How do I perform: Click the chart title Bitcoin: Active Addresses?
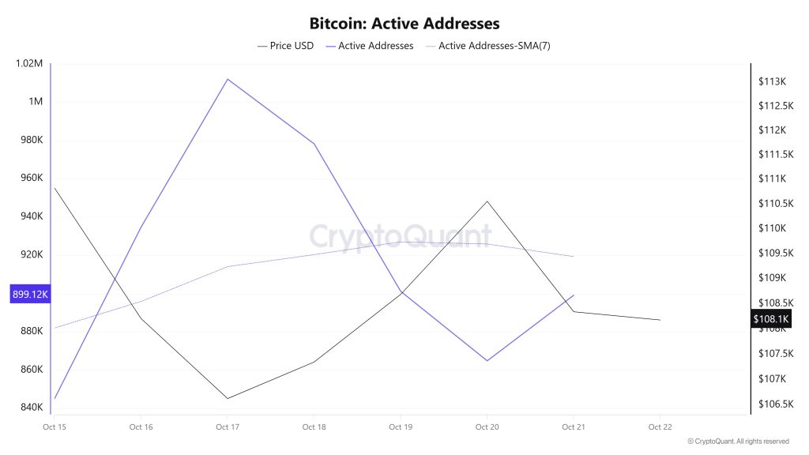click(x=404, y=24)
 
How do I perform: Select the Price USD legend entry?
click(x=285, y=46)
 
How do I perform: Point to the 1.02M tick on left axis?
click(x=28, y=64)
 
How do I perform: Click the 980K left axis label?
click(x=28, y=141)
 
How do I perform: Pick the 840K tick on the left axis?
click(x=28, y=408)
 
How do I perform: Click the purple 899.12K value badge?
click(x=30, y=294)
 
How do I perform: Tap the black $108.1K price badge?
click(x=771, y=319)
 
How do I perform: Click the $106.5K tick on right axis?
click(x=774, y=404)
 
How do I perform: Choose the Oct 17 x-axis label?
click(x=228, y=427)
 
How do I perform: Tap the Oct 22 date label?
click(x=660, y=427)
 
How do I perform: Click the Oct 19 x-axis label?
click(x=401, y=427)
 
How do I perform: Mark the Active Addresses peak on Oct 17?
click(x=228, y=79)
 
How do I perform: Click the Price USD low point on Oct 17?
click(x=228, y=398)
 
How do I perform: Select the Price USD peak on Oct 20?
click(x=487, y=201)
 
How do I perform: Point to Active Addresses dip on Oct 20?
click(x=487, y=361)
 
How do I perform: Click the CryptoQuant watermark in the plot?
click(x=400, y=236)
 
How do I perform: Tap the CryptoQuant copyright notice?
click(x=738, y=442)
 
